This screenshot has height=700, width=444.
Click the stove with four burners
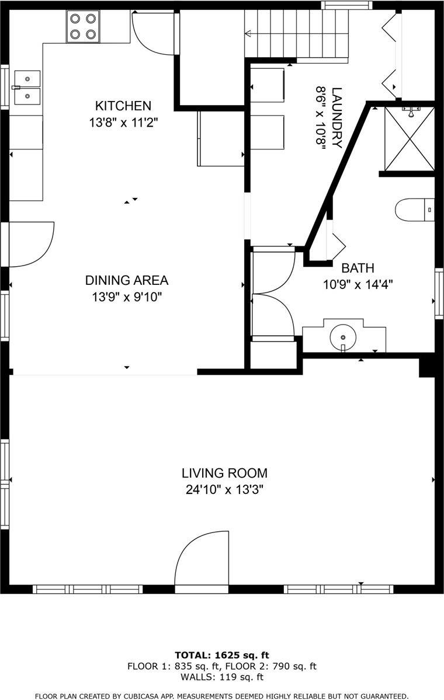pyautogui.click(x=82, y=26)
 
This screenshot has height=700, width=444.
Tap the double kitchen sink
pyautogui.click(x=27, y=87)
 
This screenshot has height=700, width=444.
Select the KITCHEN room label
pyautogui.click(x=123, y=106)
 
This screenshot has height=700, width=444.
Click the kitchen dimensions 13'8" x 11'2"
pyautogui.click(x=123, y=123)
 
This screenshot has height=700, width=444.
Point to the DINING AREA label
pyautogui.click(x=127, y=280)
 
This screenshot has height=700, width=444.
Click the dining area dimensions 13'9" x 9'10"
pyautogui.click(x=127, y=297)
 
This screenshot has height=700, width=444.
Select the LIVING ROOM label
pyautogui.click(x=224, y=473)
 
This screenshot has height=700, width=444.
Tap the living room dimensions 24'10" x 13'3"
pyautogui.click(x=224, y=490)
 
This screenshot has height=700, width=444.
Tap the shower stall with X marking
pyautogui.click(x=410, y=140)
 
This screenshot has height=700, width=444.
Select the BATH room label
pyautogui.click(x=358, y=268)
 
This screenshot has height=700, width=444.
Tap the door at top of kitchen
pyautogui.click(x=154, y=33)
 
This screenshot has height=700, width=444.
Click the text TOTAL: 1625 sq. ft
pyautogui.click(x=222, y=655)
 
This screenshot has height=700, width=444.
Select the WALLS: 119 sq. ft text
pyautogui.click(x=222, y=677)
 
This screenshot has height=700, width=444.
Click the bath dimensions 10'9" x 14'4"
pyautogui.click(x=358, y=285)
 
